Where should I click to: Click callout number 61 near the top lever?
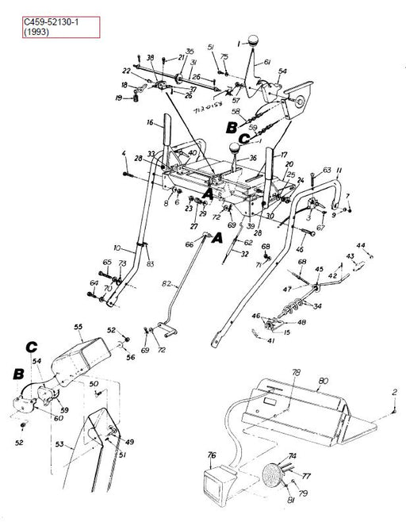pos(267,62)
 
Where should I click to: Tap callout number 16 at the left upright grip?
pos(148,123)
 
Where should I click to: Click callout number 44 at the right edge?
pos(360,245)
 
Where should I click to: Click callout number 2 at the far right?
pos(394,393)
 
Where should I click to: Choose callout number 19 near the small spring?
pos(118,98)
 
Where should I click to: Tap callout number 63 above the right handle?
pos(327,171)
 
